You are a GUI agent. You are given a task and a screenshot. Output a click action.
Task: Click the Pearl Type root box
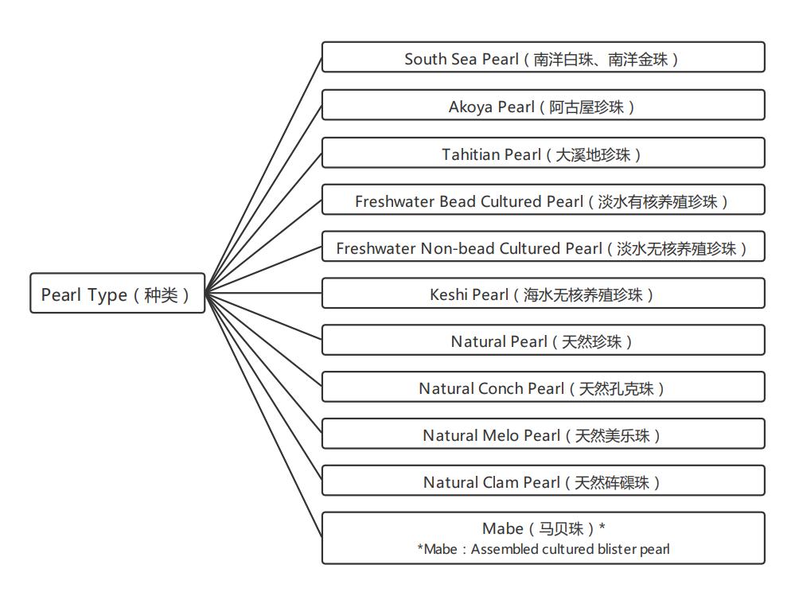[x=117, y=294]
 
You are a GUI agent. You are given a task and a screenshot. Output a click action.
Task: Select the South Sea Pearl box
[x=543, y=59]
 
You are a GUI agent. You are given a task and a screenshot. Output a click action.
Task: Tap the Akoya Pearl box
[x=543, y=106]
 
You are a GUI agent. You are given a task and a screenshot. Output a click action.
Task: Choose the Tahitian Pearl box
[x=543, y=154]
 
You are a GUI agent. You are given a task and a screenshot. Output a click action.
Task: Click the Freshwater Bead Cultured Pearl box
[x=543, y=201]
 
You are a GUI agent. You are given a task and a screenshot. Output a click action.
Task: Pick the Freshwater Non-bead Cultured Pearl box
[x=543, y=247]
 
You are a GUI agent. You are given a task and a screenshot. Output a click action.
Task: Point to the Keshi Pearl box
[x=543, y=294]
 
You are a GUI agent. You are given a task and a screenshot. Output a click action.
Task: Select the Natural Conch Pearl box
[x=543, y=388]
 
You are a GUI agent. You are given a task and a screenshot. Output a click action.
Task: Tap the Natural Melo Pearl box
[x=543, y=435]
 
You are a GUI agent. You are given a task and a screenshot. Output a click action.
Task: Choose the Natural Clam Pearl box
[x=543, y=482]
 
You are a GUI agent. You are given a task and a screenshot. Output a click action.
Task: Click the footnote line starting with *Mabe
[x=543, y=549]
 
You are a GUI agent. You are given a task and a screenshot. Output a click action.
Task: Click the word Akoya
[x=470, y=107]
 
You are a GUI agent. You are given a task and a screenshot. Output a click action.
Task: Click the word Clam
[x=501, y=482]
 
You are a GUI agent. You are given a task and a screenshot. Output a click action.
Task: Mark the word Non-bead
[x=457, y=248]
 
